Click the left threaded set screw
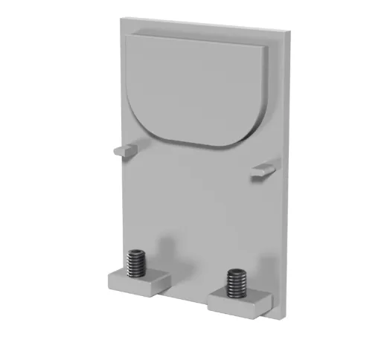(137, 262)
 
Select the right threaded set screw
(236, 283)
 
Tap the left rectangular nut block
(139, 280)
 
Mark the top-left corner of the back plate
(118, 19)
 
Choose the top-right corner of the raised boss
(266, 47)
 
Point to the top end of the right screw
(237, 271)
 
